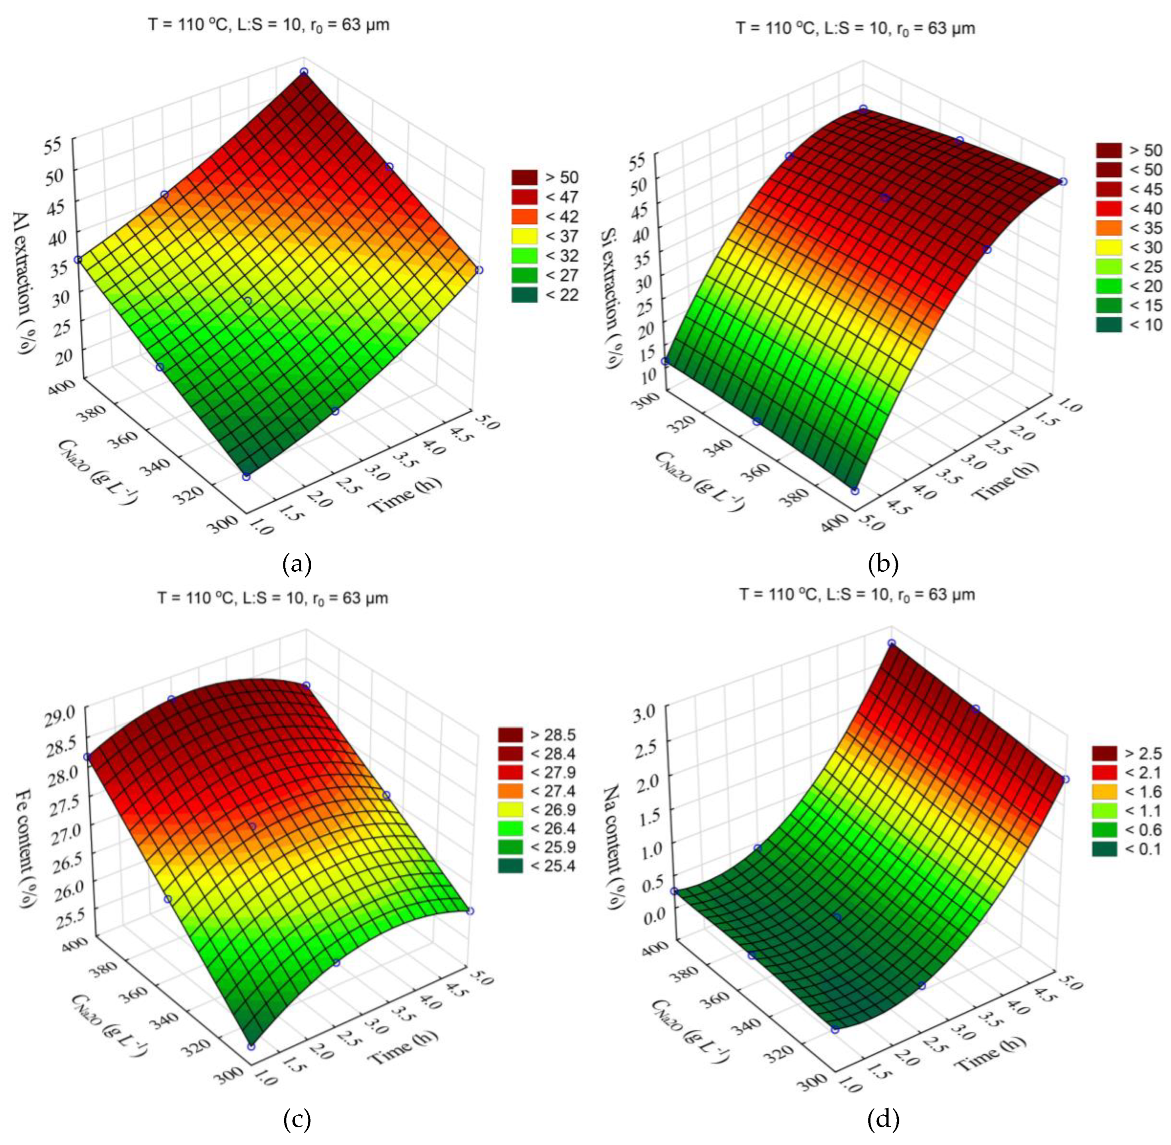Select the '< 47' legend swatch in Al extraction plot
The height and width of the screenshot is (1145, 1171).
pyautogui.click(x=524, y=197)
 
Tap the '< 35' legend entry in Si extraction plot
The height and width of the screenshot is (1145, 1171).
pyautogui.click(x=1108, y=228)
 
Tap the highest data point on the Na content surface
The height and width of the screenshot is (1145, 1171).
pyautogui.click(x=892, y=643)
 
